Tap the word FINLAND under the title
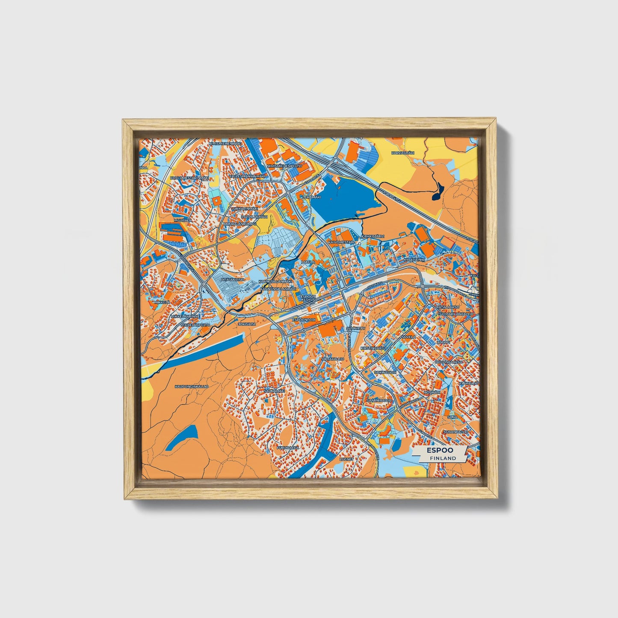[x=443, y=458]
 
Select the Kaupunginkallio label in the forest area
[x=191, y=387]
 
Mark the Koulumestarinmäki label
[x=189, y=177]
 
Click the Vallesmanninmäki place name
[x=247, y=176]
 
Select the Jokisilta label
[x=247, y=324]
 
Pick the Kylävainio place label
[x=414, y=259]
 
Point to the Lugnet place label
[x=346, y=458]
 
